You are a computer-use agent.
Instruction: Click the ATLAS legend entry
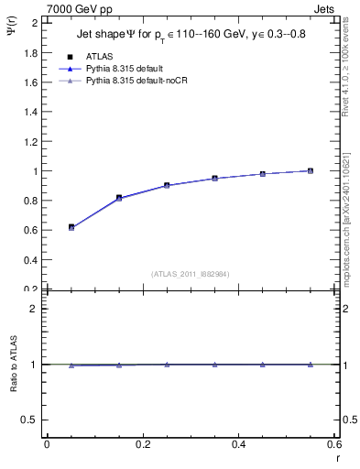click(x=98, y=57)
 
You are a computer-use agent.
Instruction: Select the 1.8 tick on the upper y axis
click(x=30, y=52)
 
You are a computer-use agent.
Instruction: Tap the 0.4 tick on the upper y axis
click(x=30, y=260)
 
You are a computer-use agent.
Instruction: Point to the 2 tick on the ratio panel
click(x=35, y=309)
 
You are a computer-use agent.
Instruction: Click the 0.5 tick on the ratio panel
click(x=30, y=420)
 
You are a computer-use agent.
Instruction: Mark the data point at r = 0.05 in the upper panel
click(x=71, y=226)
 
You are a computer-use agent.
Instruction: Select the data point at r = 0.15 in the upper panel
click(x=119, y=197)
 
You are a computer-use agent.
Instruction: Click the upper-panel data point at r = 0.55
click(x=311, y=170)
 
